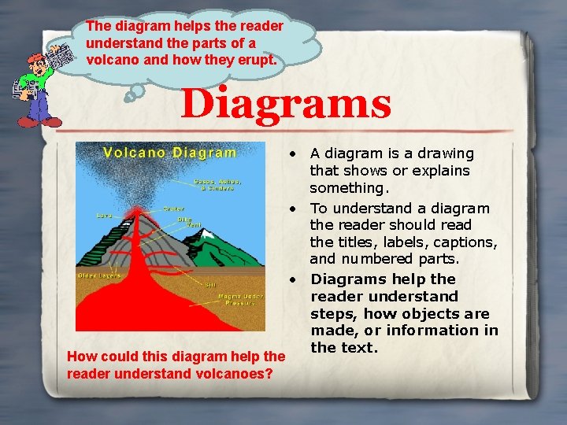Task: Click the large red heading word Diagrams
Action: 286,104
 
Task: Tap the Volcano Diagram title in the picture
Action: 170,153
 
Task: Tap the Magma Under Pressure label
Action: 239,298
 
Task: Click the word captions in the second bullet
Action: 470,242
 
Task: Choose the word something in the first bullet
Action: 348,188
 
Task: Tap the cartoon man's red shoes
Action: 39,122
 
